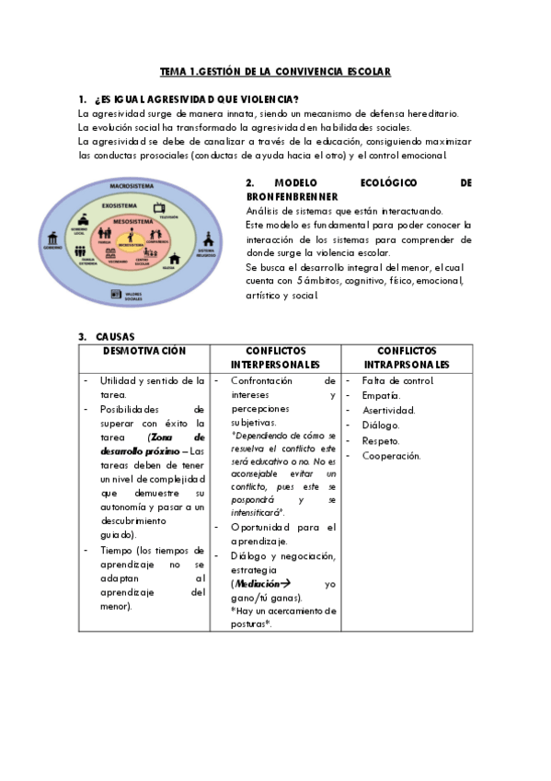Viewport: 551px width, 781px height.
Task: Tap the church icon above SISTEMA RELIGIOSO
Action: coord(205,239)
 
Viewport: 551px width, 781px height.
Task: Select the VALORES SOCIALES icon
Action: coord(117,295)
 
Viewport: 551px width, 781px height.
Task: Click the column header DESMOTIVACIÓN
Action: coord(144,351)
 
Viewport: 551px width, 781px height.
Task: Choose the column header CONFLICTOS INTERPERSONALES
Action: coord(276,358)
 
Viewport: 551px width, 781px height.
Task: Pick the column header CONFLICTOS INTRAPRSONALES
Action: coord(407,358)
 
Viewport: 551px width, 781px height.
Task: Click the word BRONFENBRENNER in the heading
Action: coord(293,197)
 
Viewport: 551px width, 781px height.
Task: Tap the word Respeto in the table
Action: coord(381,440)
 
